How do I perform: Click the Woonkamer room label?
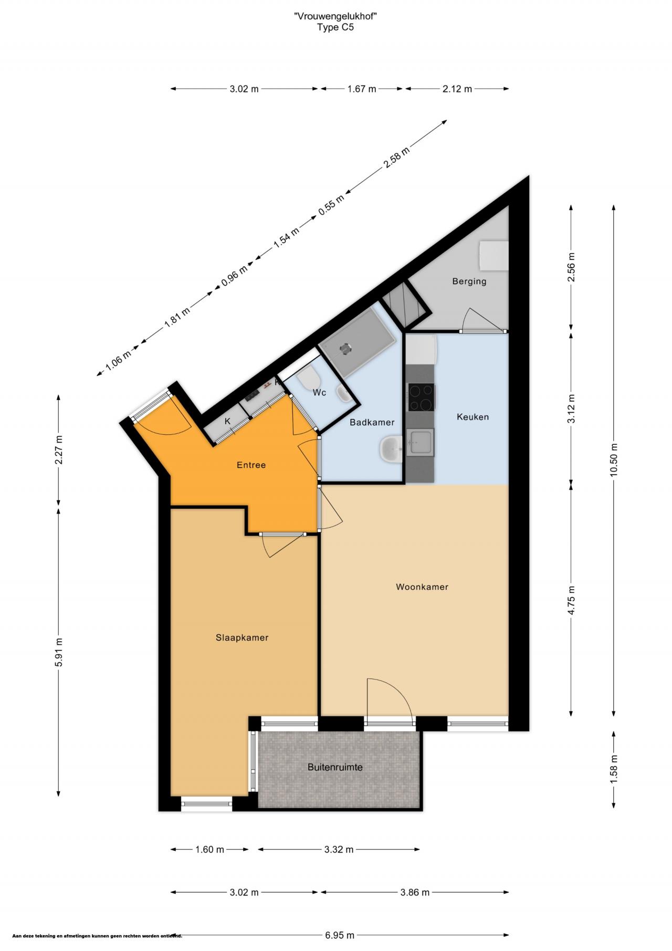(422, 587)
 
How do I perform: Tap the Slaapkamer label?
(242, 638)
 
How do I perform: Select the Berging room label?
(469, 281)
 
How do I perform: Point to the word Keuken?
(472, 417)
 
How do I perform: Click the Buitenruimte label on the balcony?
(335, 767)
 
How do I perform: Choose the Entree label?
(251, 465)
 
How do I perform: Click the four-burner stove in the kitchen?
(422, 398)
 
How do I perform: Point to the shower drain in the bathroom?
(345, 347)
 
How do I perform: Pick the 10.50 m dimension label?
(614, 460)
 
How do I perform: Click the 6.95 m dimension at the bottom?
(339, 935)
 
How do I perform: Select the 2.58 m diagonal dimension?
(396, 157)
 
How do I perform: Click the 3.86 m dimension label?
(415, 892)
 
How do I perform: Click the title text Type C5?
(335, 27)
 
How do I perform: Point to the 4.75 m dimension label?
(571, 600)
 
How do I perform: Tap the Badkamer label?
(372, 422)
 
